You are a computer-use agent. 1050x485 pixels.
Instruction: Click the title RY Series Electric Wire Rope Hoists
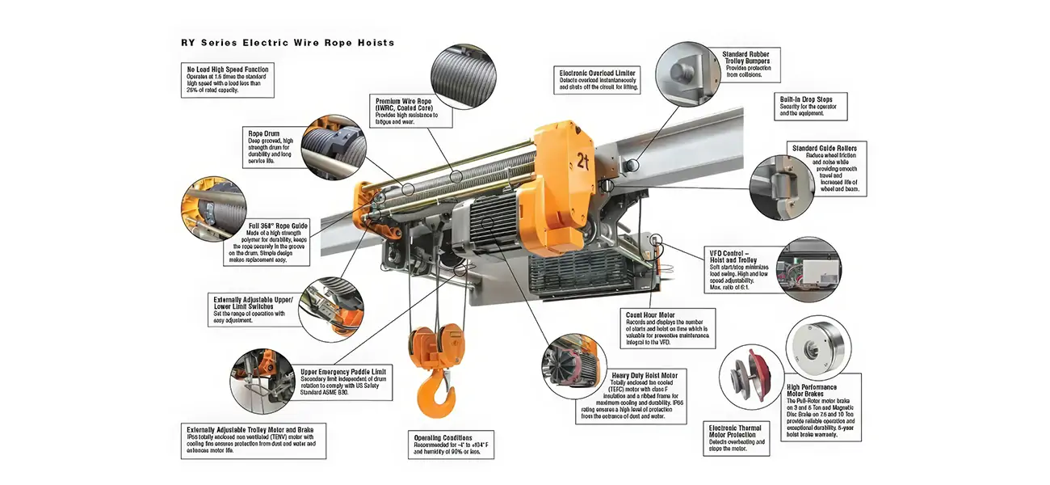288,42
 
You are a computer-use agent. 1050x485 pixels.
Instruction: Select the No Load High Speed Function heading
227,70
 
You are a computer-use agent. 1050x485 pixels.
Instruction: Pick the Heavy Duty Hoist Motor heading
644,375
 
